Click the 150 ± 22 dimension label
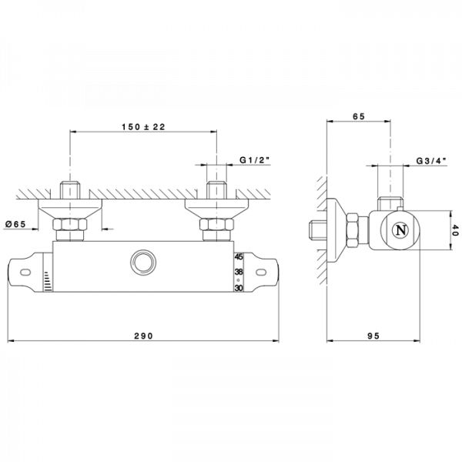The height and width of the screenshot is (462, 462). click(143, 127)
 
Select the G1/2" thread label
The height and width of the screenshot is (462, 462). click(255, 160)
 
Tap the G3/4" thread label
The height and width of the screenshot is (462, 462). click(431, 161)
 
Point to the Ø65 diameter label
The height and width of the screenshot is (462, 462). click(16, 224)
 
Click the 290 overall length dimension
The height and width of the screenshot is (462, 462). click(143, 336)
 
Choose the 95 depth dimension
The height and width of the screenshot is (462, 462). click(373, 336)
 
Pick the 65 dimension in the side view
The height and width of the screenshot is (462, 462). click(359, 116)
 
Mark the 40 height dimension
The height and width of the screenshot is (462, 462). click(456, 230)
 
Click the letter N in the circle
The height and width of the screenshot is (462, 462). click(401, 230)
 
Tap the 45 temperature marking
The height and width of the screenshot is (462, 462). click(239, 256)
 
